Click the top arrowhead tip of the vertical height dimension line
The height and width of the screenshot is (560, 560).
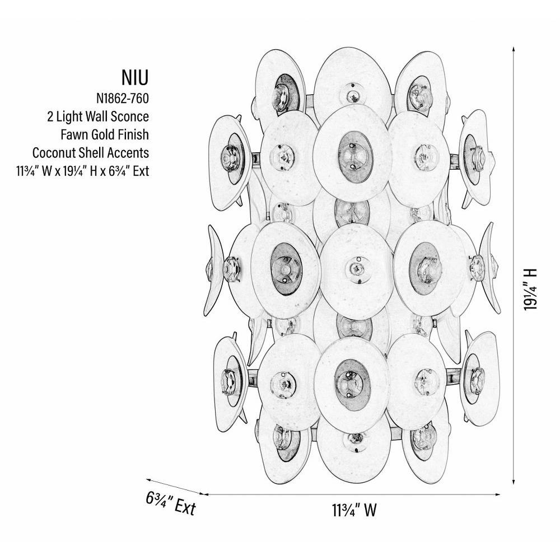point(514,46)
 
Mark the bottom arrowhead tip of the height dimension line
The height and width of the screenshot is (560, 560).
point(514,484)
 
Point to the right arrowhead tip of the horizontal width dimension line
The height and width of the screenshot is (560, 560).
point(500,494)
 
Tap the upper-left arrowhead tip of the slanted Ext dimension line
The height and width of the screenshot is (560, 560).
point(146,480)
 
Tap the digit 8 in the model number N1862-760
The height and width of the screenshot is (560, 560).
point(114,98)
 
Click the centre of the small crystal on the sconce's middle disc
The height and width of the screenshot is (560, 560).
point(356,267)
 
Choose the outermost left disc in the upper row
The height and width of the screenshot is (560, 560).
point(230,162)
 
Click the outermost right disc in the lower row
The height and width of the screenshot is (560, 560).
point(479,378)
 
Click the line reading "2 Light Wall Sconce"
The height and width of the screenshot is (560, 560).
point(98,116)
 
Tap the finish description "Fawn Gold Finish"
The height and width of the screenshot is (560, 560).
point(105,134)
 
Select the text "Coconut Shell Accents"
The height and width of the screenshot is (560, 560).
point(91,152)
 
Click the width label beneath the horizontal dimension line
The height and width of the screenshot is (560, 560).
point(354,510)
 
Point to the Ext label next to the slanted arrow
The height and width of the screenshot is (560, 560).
point(171,502)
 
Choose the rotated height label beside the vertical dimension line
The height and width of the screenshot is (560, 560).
point(530,289)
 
